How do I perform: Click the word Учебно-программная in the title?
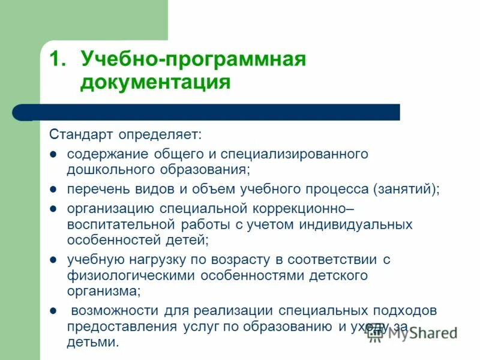[193, 60]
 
